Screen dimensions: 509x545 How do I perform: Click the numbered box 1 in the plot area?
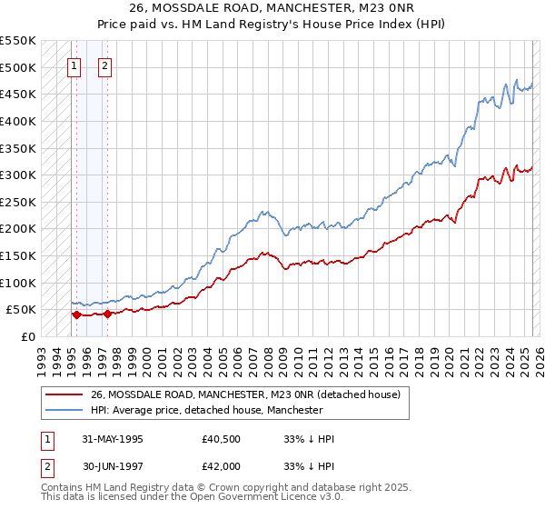pyautogui.click(x=73, y=65)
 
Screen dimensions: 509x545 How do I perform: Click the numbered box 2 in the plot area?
pyautogui.click(x=105, y=65)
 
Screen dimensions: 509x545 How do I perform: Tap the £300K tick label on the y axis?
pyautogui.click(x=18, y=175)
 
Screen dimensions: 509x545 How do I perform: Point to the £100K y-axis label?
pyautogui.click(x=18, y=283)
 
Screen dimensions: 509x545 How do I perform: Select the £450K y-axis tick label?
pyautogui.click(x=18, y=94)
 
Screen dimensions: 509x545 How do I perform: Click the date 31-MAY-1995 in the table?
pyautogui.click(x=113, y=439)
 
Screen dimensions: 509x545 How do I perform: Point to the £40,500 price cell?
pyautogui.click(x=222, y=439)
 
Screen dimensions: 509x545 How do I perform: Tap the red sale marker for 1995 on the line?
pyautogui.click(x=76, y=315)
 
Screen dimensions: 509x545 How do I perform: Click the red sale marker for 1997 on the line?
pyautogui.click(x=108, y=314)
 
